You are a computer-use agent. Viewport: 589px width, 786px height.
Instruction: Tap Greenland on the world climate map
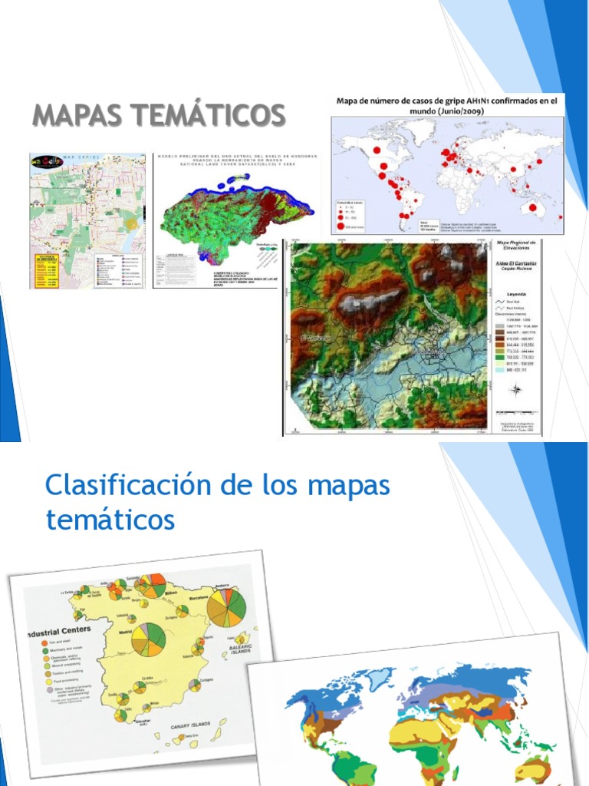(x=380, y=678)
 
